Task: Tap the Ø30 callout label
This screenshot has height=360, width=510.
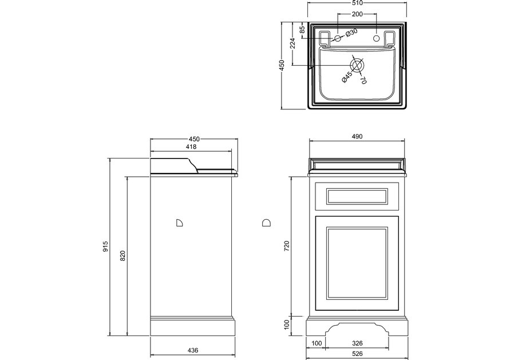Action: tap(351, 32)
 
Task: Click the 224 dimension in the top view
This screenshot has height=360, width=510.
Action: tap(292, 43)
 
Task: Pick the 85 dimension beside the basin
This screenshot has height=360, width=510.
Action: tap(302, 29)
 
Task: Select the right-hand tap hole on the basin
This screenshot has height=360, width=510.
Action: tap(376, 38)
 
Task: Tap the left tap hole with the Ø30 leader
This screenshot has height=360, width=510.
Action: tap(337, 38)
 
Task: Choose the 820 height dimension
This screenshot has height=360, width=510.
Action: tap(122, 256)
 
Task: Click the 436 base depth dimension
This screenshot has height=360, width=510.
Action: tap(192, 350)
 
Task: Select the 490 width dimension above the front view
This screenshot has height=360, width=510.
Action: tap(357, 136)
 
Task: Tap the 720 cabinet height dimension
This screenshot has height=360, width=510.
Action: tap(287, 246)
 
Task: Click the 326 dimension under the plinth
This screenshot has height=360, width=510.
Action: tap(357, 343)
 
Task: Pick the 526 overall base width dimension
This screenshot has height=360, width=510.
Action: tap(357, 354)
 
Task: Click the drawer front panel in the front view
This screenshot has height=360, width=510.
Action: tap(356, 196)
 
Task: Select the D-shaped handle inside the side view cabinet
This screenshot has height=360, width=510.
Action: tap(179, 222)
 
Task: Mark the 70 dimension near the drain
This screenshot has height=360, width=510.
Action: tap(363, 80)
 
